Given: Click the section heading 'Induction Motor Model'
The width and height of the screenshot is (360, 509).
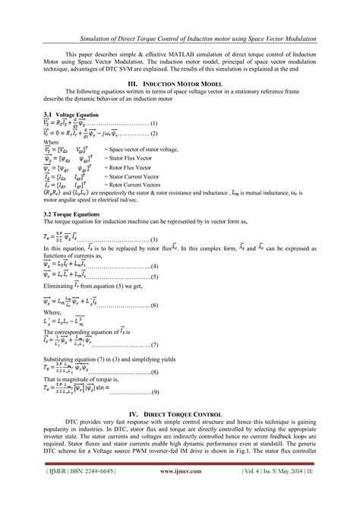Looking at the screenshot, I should pyautogui.click(x=188, y=83).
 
